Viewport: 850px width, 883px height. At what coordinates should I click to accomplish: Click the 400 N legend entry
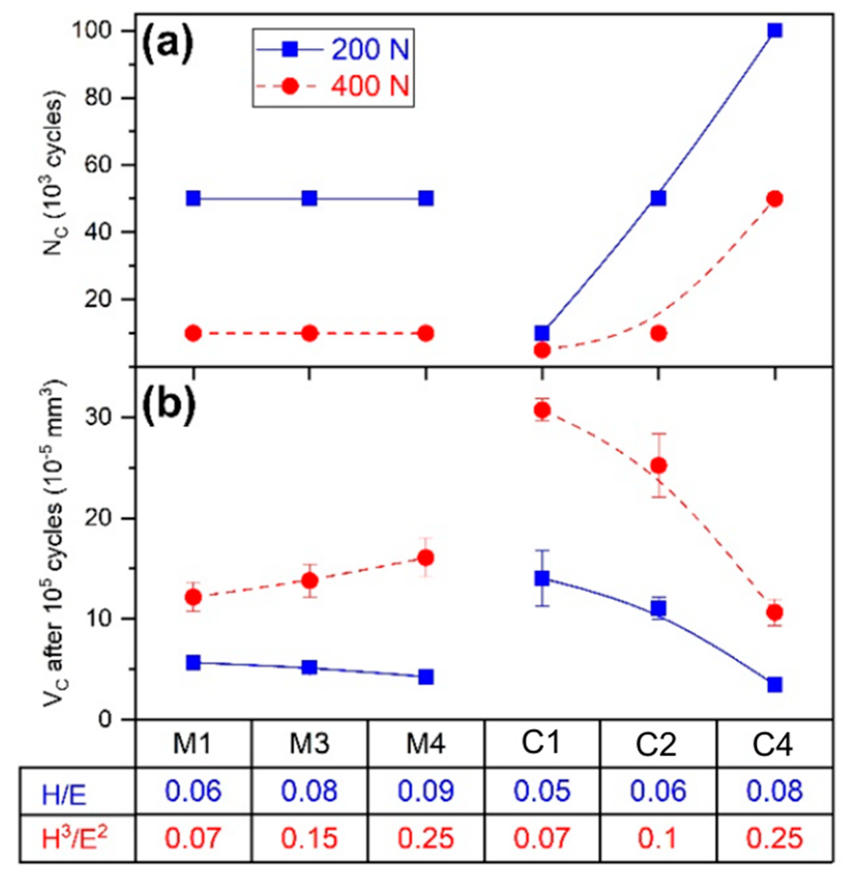tap(333, 85)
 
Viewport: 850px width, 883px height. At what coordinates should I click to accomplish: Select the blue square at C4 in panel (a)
tap(774, 31)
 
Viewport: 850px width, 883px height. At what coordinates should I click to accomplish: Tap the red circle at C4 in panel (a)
tap(774, 199)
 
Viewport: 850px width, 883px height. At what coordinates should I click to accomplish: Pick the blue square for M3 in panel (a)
tap(309, 198)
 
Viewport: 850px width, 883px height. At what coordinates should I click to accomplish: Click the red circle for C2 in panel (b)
tap(659, 466)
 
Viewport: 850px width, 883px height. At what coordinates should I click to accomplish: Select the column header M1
tap(193, 745)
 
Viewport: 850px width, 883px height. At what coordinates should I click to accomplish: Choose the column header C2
tap(658, 745)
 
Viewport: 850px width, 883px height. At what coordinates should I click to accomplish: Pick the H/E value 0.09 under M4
tap(426, 791)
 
